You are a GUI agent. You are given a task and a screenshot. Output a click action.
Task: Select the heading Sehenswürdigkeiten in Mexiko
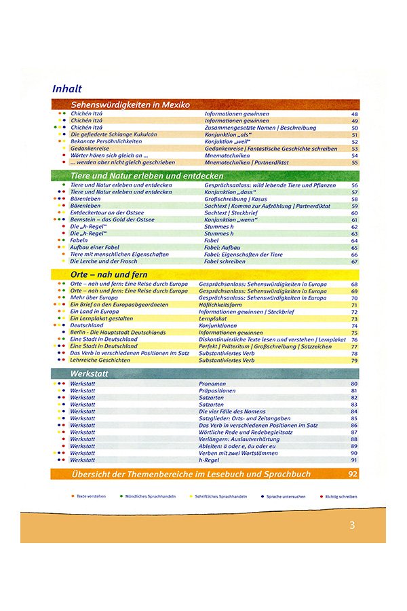[x=130, y=105]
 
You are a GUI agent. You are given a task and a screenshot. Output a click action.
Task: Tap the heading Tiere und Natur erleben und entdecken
[x=147, y=176]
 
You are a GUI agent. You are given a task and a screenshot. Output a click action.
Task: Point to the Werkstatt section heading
[x=90, y=374]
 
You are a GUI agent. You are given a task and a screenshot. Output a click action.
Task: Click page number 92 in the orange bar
[x=352, y=473]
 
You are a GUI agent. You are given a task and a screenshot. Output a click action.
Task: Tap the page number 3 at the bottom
[x=352, y=525]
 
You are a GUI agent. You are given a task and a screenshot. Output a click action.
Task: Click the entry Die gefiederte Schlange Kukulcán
[x=113, y=134]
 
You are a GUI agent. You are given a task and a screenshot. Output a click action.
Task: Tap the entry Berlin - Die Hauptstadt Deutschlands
[x=118, y=333]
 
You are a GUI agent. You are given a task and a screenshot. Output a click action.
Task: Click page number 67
[x=354, y=261]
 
